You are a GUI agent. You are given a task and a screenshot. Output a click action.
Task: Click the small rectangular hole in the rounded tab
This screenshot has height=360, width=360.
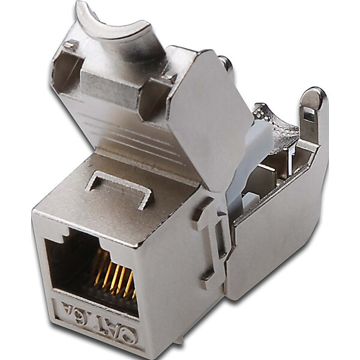(308, 113)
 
